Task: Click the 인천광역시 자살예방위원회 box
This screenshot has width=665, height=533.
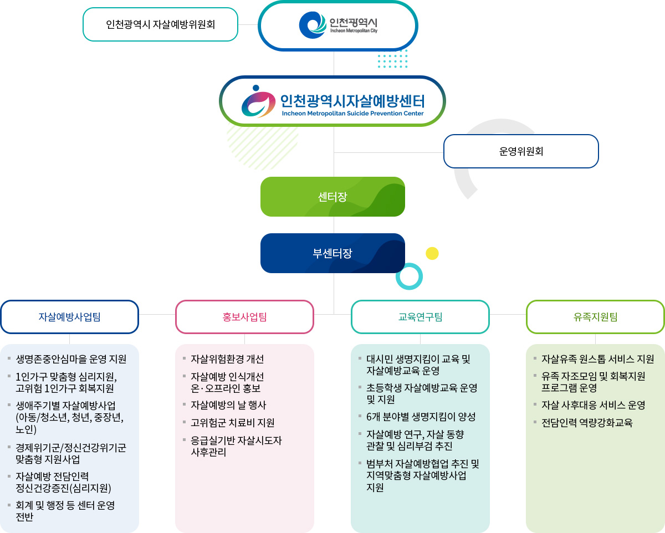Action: (x=160, y=24)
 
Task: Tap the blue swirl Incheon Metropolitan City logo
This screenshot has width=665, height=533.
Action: (x=313, y=25)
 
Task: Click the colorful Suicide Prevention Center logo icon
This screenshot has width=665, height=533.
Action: (x=258, y=101)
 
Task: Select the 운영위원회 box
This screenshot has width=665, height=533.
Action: (x=521, y=151)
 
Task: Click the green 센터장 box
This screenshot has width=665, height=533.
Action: (x=332, y=197)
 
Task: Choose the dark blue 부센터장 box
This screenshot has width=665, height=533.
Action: (x=332, y=253)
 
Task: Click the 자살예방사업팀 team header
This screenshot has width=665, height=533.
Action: (x=69, y=317)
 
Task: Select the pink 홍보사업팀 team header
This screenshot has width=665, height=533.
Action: (x=244, y=317)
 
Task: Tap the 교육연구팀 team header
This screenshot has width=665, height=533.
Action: (x=420, y=317)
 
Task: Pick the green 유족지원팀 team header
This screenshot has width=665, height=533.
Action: (x=595, y=317)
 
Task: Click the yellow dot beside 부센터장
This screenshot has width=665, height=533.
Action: (x=432, y=253)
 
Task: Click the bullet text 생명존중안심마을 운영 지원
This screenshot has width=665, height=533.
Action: (x=71, y=358)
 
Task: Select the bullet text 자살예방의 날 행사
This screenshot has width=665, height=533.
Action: (x=228, y=405)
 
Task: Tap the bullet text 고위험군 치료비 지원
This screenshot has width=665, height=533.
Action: (x=232, y=422)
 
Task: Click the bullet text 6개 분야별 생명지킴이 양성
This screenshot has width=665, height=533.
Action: (x=421, y=417)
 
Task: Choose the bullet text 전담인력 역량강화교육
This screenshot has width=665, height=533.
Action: (x=587, y=422)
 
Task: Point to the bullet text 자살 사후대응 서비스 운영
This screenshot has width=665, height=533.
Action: (x=594, y=405)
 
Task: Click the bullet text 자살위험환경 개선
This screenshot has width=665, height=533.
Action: (x=227, y=358)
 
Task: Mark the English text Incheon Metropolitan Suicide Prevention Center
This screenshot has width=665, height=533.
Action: (x=352, y=114)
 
